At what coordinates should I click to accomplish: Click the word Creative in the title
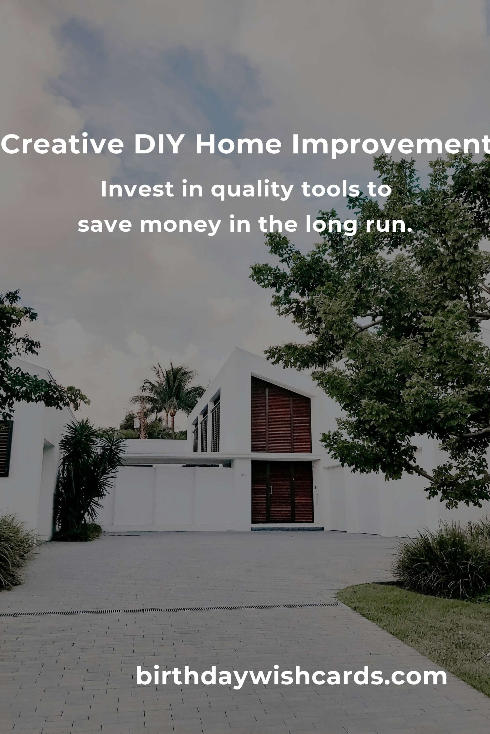(63, 144)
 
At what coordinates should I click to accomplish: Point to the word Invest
(137, 189)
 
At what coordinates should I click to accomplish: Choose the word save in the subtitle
(105, 225)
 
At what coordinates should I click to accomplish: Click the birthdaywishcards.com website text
(292, 675)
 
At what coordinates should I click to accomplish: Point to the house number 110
(243, 475)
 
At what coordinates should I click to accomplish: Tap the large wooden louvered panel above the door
(281, 415)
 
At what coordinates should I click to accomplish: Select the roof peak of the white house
(237, 348)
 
